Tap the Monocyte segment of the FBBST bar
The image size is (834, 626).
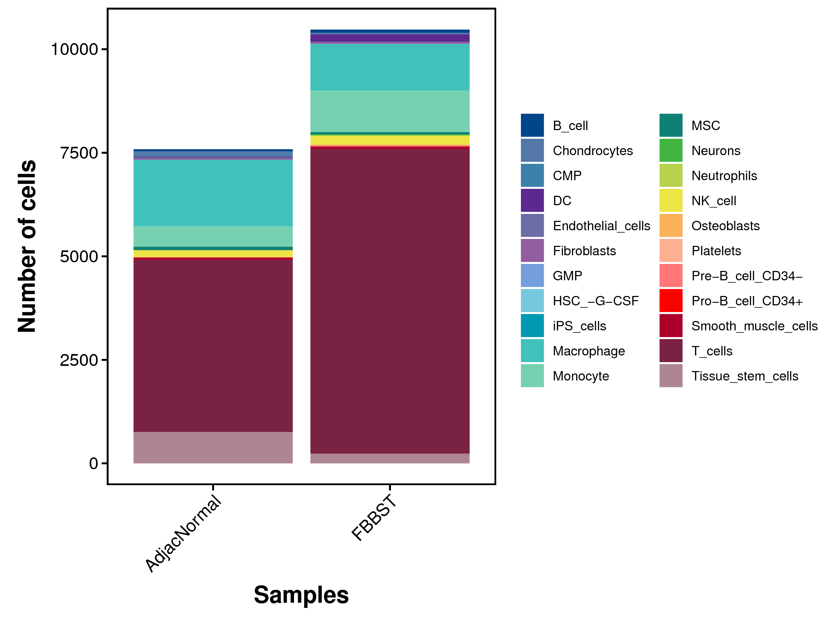390,111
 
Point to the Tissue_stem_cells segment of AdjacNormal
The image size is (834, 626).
213,448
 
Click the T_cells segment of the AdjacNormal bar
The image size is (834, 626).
213,346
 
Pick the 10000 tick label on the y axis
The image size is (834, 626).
74,49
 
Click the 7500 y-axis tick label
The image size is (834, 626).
79,153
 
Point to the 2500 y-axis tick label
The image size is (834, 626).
79,360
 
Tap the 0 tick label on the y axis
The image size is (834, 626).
93,464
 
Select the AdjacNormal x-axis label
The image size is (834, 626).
183,534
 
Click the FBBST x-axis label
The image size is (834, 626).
374,518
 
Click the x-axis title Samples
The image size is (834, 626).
301,595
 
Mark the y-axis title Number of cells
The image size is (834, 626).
27,246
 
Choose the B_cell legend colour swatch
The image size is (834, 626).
532,125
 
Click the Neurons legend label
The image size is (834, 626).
716,151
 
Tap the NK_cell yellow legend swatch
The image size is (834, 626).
671,200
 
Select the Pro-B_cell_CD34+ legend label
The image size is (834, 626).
747,301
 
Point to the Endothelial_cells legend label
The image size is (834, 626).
602,226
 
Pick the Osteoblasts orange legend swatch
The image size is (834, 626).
671,226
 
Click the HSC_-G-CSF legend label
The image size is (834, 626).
596,301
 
